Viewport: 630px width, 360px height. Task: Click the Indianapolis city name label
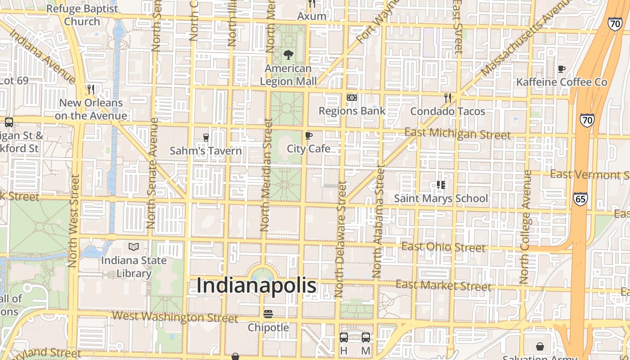[256, 286]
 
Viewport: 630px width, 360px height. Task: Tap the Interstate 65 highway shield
[580, 199]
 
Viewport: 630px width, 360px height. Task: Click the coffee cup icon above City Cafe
[309, 135]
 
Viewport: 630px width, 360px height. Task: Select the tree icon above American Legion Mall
[288, 55]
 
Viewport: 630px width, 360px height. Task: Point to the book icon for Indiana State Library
[134, 247]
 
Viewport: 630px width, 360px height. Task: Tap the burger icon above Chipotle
[268, 314]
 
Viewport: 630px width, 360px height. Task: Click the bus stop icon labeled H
[343, 337]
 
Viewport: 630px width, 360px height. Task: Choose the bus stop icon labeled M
[366, 337]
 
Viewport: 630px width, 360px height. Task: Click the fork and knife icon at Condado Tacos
[447, 98]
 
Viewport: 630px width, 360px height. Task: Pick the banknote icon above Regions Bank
[352, 98]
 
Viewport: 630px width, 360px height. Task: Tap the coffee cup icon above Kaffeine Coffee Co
[562, 69]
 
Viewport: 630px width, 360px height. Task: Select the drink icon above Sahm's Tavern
[206, 137]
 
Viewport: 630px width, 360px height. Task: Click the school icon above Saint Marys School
[441, 185]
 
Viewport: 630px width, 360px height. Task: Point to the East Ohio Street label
[443, 247]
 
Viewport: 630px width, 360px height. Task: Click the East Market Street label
[443, 285]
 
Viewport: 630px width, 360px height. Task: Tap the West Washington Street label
[175, 317]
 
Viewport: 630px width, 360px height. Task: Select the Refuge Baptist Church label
[82, 15]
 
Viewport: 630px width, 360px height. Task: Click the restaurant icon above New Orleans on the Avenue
[91, 89]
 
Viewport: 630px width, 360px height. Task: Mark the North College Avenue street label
[525, 227]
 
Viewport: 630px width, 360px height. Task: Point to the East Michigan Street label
[457, 134]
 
